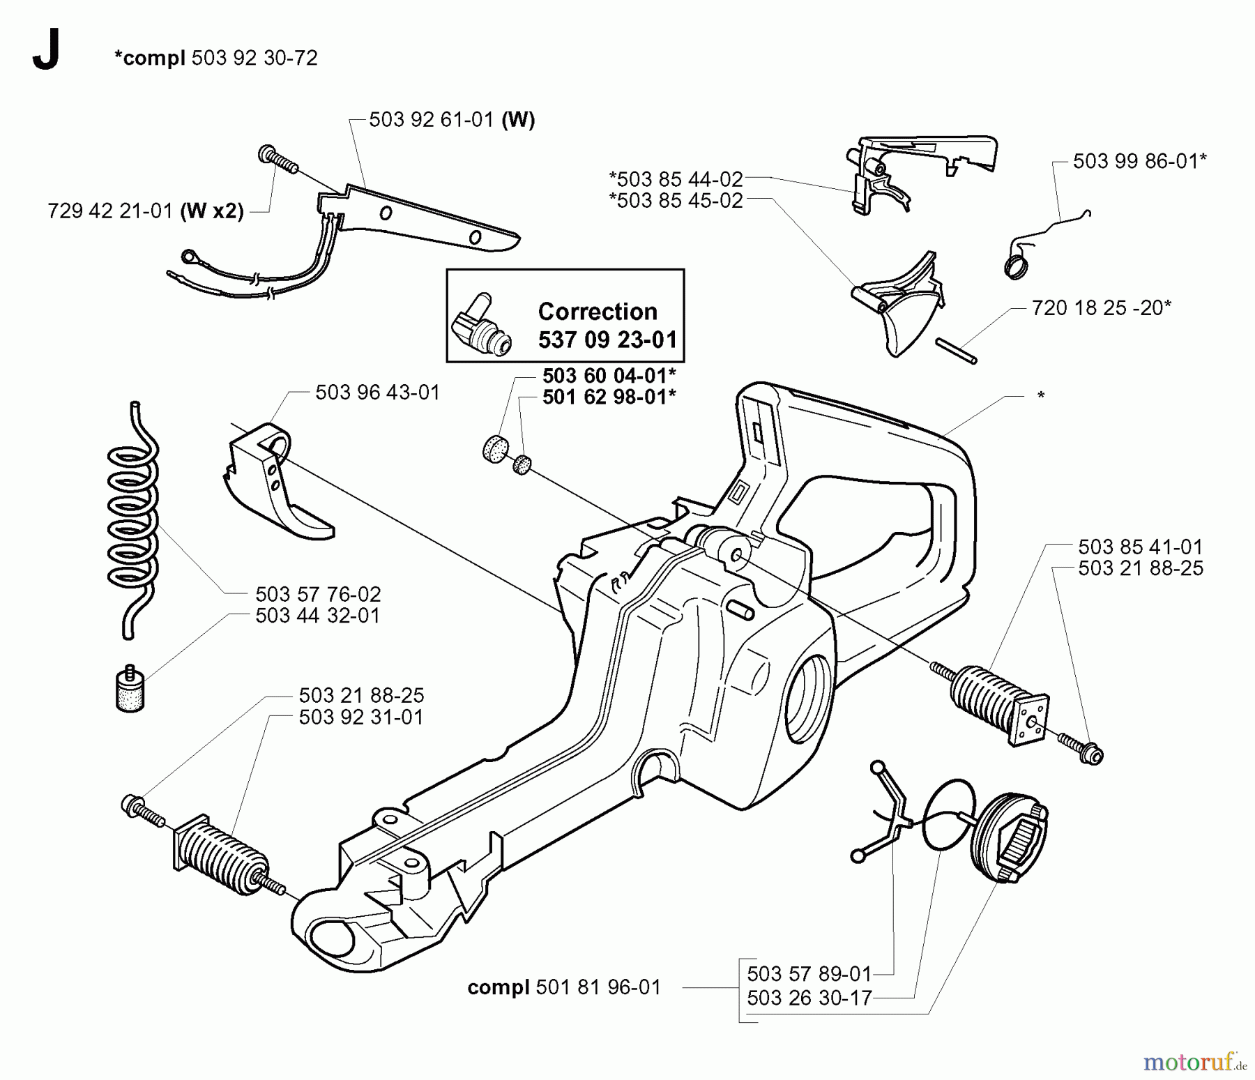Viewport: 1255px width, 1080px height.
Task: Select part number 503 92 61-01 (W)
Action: click(451, 120)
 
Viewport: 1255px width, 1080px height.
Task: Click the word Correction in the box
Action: click(597, 311)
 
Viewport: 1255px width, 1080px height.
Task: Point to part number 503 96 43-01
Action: click(377, 393)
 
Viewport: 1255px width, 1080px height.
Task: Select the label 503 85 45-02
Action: click(676, 201)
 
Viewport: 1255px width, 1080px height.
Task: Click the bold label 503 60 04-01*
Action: click(609, 377)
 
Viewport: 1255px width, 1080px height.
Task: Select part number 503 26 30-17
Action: click(809, 998)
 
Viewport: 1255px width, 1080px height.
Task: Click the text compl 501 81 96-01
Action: click(563, 987)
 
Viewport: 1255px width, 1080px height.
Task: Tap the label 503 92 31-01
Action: click(360, 717)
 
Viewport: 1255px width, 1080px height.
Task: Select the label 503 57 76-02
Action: click(318, 595)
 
